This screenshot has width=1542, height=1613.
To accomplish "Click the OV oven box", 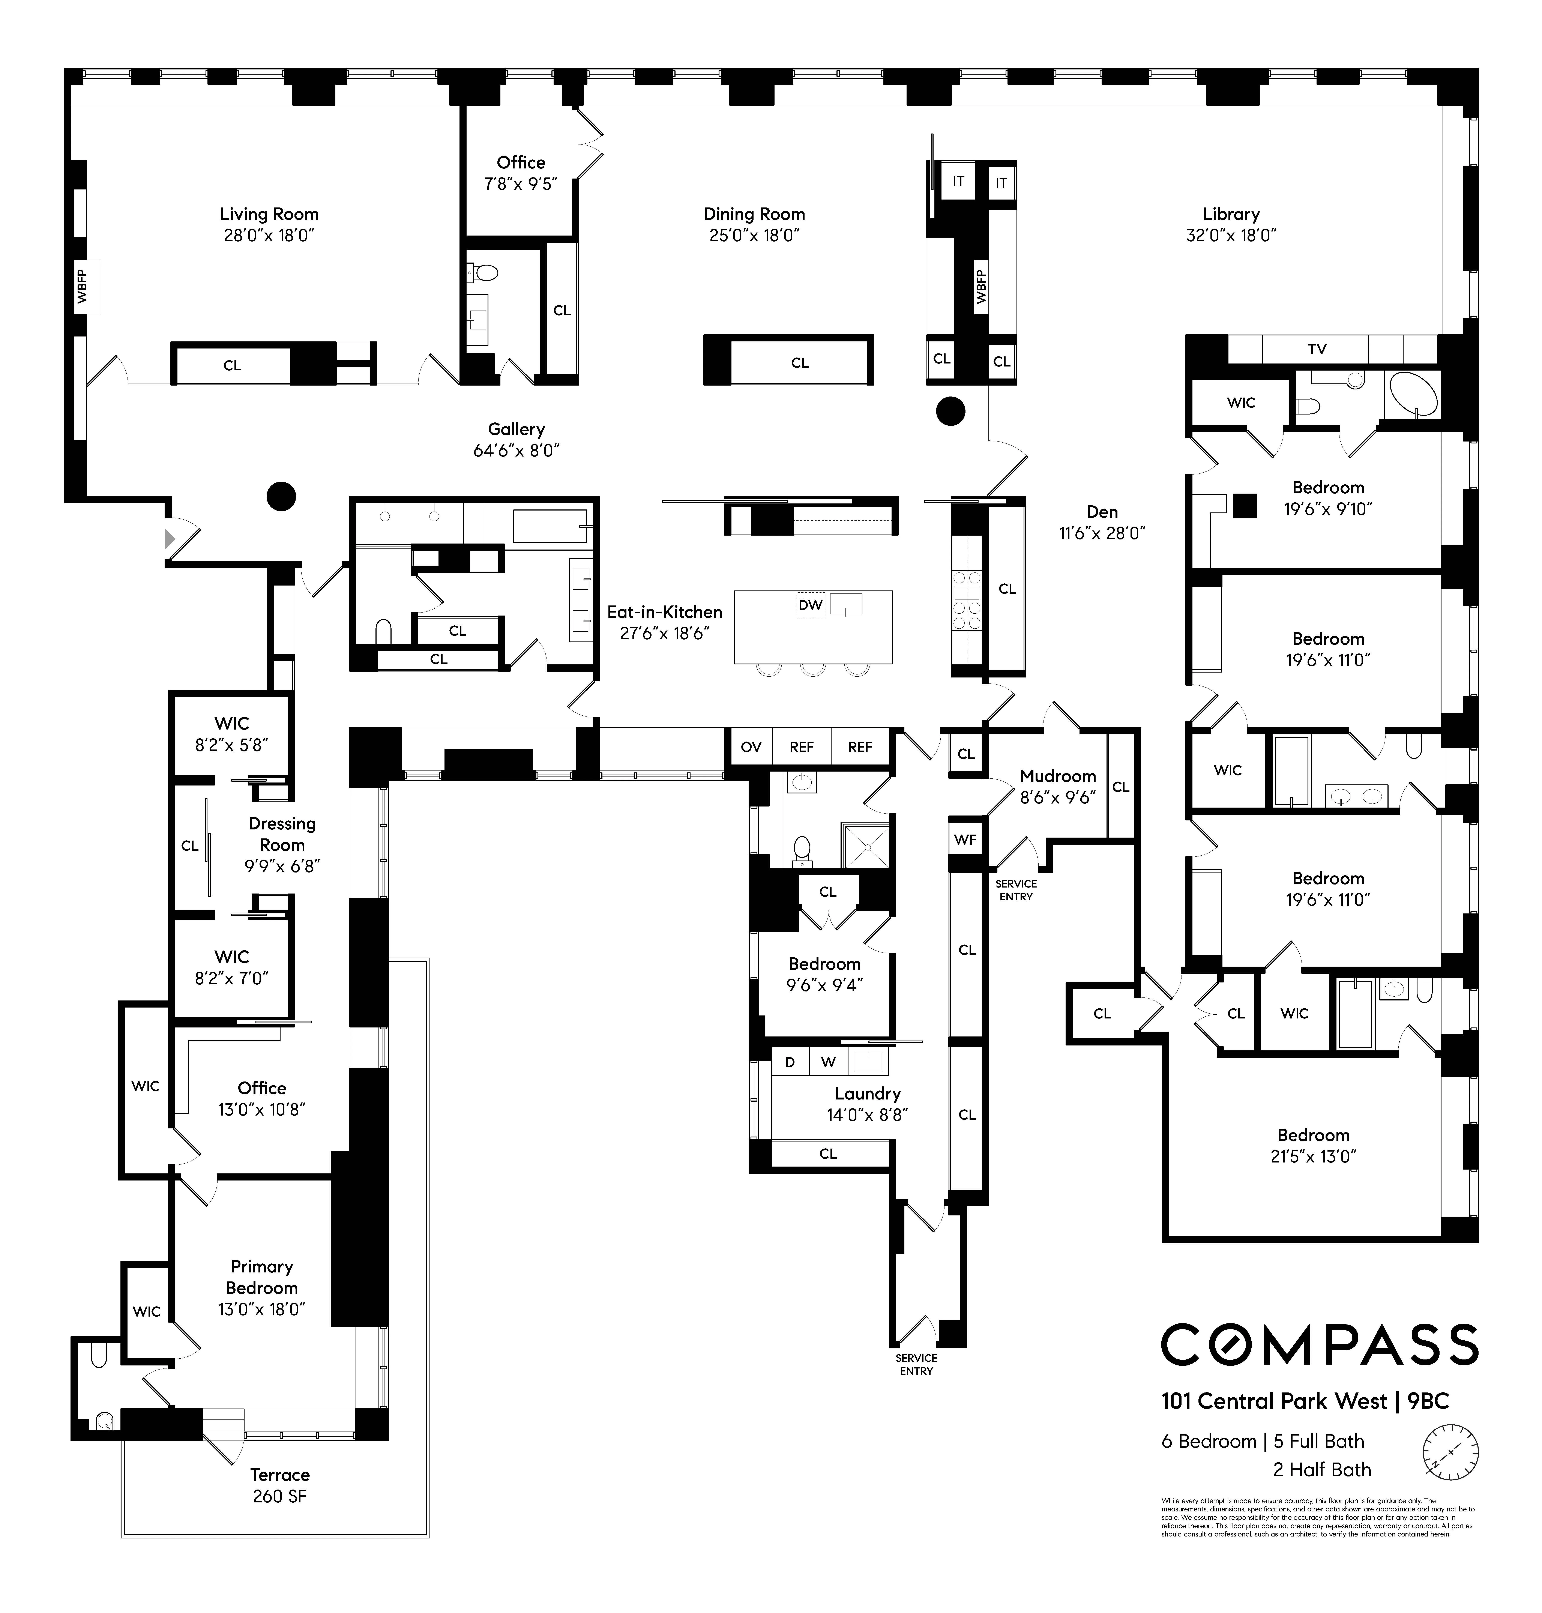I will (x=751, y=746).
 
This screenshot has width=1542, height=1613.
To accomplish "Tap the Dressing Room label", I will (x=282, y=834).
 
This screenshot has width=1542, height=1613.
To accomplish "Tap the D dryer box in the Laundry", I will (x=790, y=1062).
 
